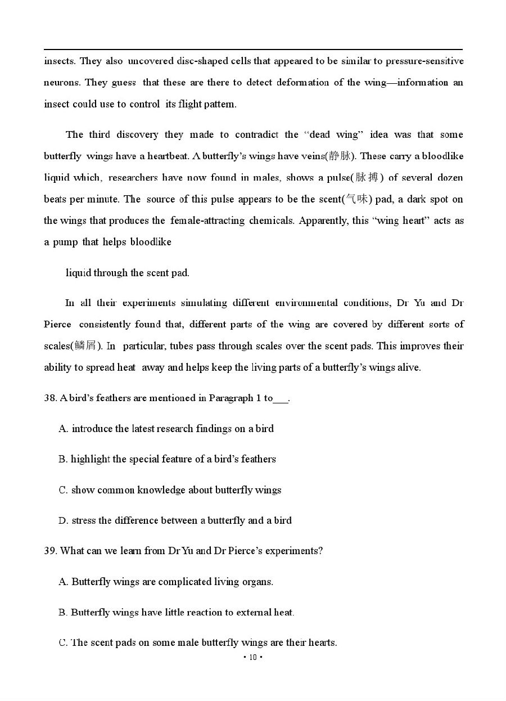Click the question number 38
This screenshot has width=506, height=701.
(50, 398)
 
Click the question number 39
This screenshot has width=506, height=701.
(50, 551)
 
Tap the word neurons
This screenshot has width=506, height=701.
(61, 82)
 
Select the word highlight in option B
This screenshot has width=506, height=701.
(90, 460)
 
